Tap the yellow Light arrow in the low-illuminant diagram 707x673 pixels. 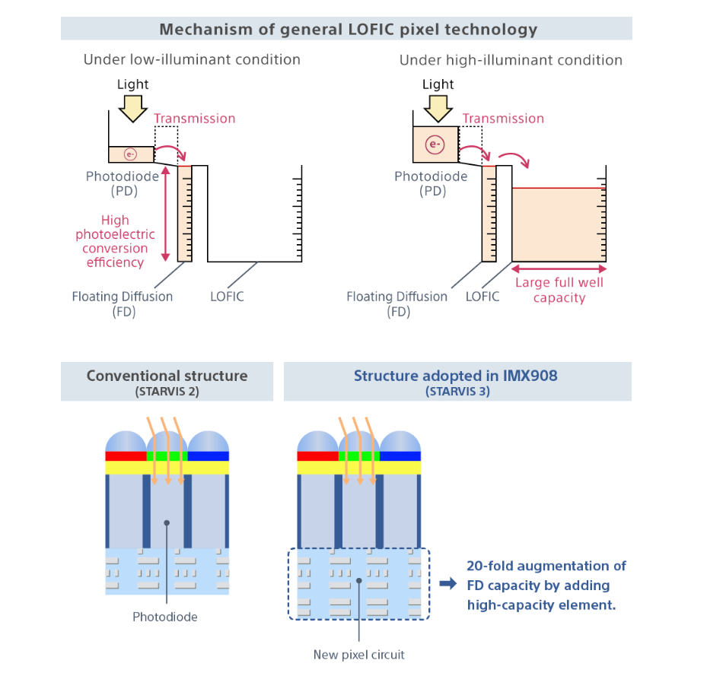(x=133, y=109)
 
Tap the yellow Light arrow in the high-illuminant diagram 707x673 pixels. (x=438, y=109)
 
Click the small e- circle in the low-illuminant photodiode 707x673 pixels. (x=130, y=154)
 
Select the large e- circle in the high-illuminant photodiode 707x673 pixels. (x=435, y=144)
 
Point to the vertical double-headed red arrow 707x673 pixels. (x=165, y=214)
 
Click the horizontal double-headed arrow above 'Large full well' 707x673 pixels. (x=559, y=269)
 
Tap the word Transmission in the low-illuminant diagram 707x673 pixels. (x=194, y=119)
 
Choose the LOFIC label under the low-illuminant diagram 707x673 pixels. (x=227, y=297)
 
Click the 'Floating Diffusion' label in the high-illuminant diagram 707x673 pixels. (x=396, y=297)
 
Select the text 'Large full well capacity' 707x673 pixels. (x=559, y=290)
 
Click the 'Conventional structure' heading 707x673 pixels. (x=167, y=376)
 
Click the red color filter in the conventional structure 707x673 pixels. (x=126, y=456)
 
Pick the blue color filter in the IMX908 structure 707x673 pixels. (x=400, y=456)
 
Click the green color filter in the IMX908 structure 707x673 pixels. (x=359, y=456)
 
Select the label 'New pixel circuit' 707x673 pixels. (x=359, y=655)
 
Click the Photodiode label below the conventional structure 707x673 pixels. (x=165, y=617)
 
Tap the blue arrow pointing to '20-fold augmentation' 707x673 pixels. (x=448, y=584)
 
